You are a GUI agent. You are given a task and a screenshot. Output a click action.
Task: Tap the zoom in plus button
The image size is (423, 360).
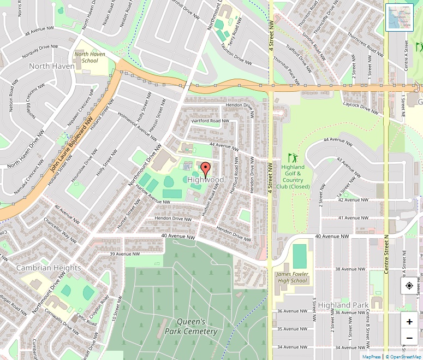click(x=409, y=322)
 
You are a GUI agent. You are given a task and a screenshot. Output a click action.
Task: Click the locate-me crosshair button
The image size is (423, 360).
click(x=409, y=286)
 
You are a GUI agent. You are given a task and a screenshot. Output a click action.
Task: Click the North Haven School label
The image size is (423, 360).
click(x=86, y=57)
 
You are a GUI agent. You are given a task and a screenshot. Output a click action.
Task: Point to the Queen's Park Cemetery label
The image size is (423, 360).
click(x=189, y=326)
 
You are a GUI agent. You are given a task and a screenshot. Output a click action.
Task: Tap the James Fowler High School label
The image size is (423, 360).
click(x=291, y=278)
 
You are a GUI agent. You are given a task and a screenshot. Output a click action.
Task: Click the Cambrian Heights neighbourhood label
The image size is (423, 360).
click(x=49, y=268)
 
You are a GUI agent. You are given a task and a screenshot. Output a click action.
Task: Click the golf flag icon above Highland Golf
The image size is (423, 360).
click(x=292, y=157)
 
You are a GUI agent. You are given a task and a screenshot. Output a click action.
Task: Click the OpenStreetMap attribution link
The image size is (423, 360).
click(x=403, y=357)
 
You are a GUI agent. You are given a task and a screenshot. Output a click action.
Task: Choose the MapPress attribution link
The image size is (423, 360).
click(x=371, y=357)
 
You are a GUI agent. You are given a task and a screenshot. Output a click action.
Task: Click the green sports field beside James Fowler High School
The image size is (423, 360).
click(x=300, y=256)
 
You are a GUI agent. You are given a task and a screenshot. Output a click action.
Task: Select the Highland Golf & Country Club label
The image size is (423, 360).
click(x=293, y=177)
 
